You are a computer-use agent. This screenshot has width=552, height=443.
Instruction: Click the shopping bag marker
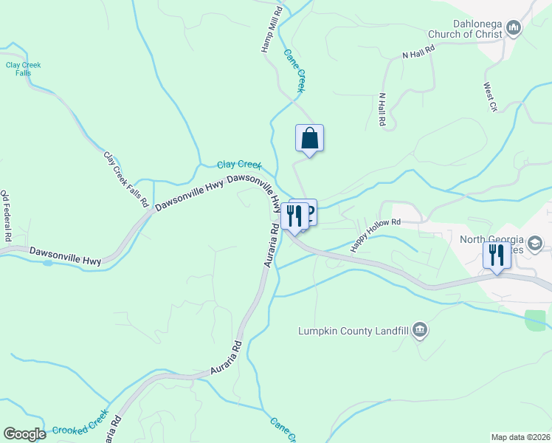click(x=310, y=138)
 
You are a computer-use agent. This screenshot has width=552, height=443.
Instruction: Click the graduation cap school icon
click(x=536, y=243)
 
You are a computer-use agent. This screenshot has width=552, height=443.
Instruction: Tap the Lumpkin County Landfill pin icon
click(x=420, y=330)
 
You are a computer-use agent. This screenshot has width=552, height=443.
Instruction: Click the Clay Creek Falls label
click(x=23, y=69)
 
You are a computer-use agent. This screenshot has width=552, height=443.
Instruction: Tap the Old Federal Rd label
click(x=6, y=216)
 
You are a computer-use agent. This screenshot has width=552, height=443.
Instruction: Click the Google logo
click(x=24, y=433)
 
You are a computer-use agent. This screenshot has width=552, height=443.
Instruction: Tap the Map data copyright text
click(x=520, y=436)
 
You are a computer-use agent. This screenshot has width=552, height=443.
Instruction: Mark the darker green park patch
click(x=536, y=320)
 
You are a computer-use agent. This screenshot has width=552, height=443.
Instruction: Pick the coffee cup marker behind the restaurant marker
click(x=309, y=210)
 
